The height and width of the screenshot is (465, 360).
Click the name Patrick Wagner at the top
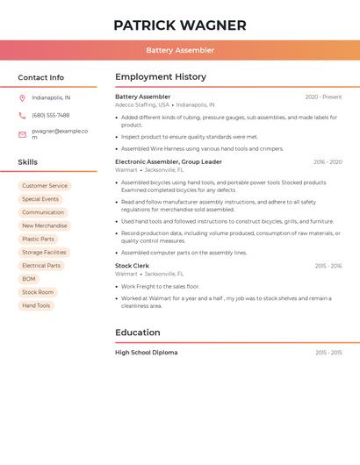(x=180, y=25)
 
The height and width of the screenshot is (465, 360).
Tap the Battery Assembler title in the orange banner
(x=180, y=50)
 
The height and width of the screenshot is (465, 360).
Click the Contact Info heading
(x=40, y=77)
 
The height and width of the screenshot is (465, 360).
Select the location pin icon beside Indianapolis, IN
(x=22, y=97)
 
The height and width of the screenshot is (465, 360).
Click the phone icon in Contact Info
(x=22, y=115)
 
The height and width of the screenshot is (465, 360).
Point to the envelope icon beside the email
(x=22, y=134)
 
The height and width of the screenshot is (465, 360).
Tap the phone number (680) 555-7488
(x=51, y=115)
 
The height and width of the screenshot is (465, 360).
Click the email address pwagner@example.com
(x=60, y=134)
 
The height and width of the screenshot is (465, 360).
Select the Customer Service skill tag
(x=45, y=186)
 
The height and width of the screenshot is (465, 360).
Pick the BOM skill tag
(x=29, y=279)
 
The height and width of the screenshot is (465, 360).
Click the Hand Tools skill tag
(x=36, y=305)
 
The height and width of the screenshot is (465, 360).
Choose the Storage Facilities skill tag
(x=44, y=252)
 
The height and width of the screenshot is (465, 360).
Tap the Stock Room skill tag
(x=38, y=292)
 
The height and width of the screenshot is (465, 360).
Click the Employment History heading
(x=161, y=77)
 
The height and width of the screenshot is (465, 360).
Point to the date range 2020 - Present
(x=323, y=97)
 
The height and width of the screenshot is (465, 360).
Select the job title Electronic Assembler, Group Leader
(x=169, y=161)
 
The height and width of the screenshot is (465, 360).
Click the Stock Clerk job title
(x=132, y=265)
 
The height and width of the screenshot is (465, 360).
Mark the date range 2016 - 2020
(x=328, y=162)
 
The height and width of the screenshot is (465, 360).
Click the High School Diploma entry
(x=146, y=352)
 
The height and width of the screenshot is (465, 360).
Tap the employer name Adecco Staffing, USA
(x=141, y=104)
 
